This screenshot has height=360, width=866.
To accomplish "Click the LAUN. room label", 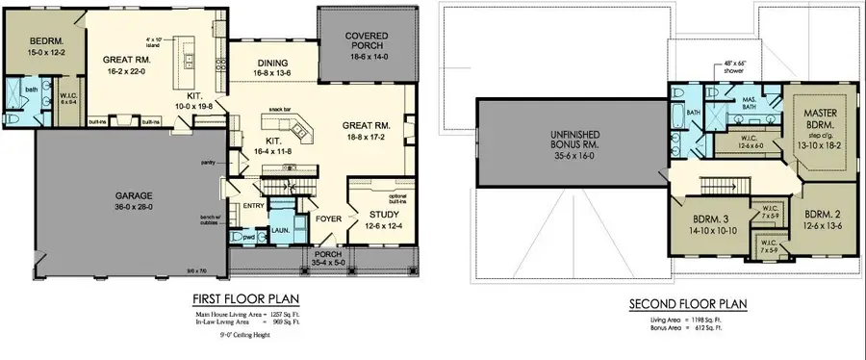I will [282, 231].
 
